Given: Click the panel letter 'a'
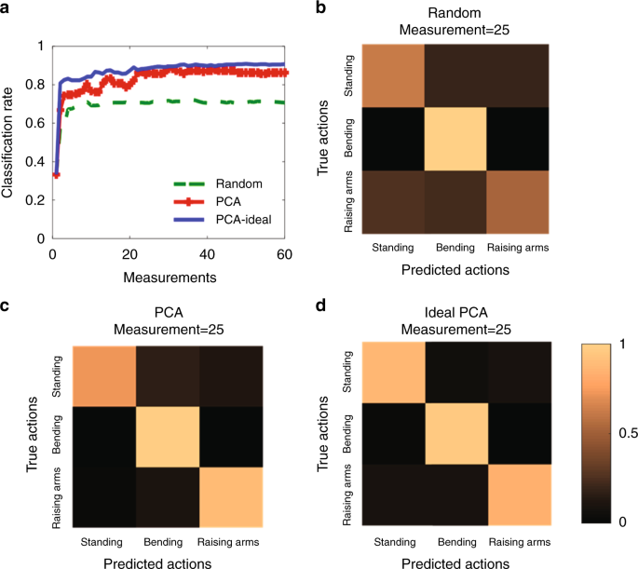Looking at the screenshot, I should (x=7, y=9).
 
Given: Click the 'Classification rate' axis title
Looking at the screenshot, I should (x=9, y=141).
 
